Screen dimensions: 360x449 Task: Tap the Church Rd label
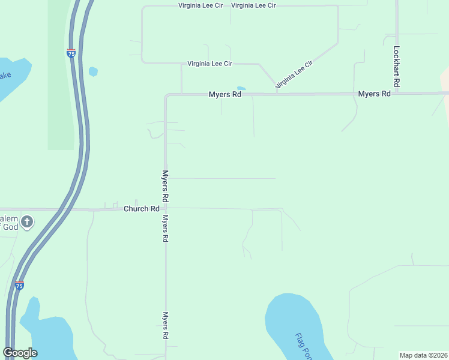click(x=142, y=209)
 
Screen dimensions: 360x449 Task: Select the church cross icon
click(x=26, y=223)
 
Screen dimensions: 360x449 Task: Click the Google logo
click(x=20, y=353)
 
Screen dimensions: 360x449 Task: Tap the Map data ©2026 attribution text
click(x=423, y=355)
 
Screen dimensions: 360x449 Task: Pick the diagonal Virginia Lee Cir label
click(x=295, y=74)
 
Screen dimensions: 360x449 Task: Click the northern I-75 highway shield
click(x=71, y=53)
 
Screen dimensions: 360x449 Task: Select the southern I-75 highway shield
click(x=20, y=285)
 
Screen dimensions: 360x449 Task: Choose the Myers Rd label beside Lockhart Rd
click(x=375, y=94)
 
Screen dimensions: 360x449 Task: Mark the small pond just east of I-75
click(x=93, y=72)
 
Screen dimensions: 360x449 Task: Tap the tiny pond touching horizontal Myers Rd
click(x=241, y=88)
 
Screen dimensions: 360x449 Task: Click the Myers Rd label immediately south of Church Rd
click(x=165, y=228)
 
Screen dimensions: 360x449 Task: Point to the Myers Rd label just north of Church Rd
click(x=165, y=185)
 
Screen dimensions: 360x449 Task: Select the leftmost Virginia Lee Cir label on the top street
click(x=201, y=5)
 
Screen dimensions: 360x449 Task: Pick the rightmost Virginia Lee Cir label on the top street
click(x=253, y=5)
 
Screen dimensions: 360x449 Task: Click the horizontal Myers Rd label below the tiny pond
click(x=225, y=95)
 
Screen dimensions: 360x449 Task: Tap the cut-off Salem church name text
click(x=9, y=223)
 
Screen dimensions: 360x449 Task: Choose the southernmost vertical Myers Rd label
click(x=164, y=326)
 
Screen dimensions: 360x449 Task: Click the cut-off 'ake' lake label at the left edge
click(x=5, y=76)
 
